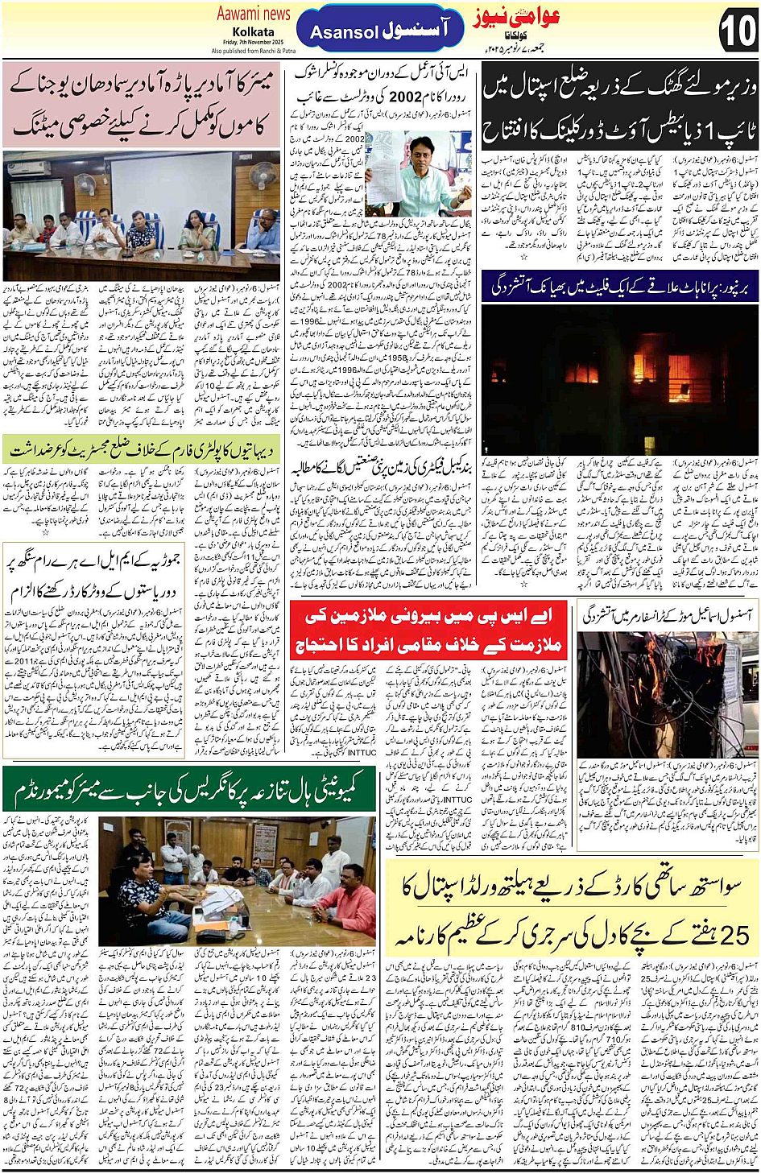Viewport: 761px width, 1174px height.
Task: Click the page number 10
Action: point(736,30)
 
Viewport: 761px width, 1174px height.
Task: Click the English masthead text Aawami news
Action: point(253,14)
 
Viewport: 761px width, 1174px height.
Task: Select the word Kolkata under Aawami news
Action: point(253,31)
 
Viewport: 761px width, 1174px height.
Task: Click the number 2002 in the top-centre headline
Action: point(405,97)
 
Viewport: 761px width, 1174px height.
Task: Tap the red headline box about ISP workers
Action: point(428,630)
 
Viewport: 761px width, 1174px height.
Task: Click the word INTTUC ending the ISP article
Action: point(362,753)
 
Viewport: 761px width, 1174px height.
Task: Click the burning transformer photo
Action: point(667,693)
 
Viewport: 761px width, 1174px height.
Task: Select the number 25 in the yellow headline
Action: point(734,935)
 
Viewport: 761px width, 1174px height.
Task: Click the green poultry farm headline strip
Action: point(141,449)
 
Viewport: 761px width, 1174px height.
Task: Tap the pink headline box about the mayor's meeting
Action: point(141,104)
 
